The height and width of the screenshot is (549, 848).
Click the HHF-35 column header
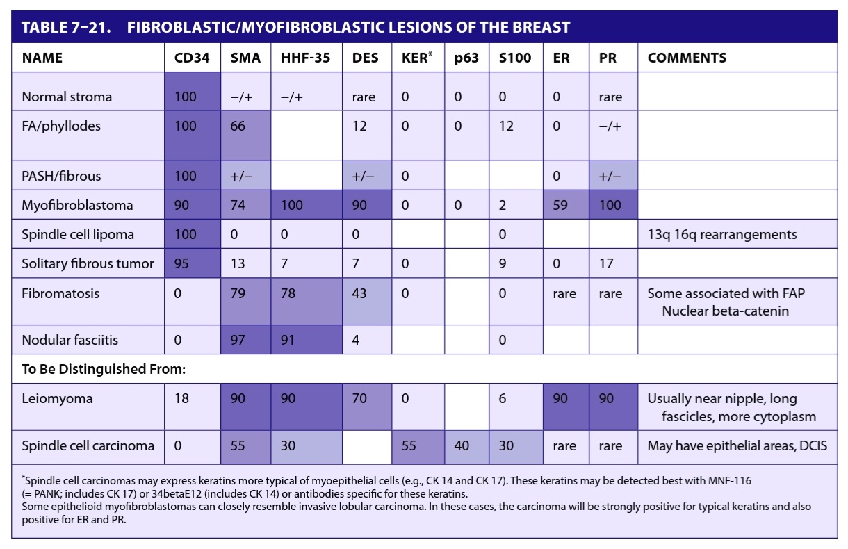pos(305,58)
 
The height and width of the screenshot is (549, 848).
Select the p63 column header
pos(466,58)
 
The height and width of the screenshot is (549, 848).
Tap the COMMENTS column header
pos(687,58)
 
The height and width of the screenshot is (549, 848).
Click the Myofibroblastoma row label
pos(77,205)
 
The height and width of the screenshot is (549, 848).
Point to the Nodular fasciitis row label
pos(70,340)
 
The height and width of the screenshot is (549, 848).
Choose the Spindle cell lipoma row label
pos(78,234)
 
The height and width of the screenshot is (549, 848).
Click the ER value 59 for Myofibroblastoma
pos(560,205)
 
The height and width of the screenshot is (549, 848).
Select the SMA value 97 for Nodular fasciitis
pos(238,340)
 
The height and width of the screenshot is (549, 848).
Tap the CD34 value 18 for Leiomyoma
pos(181,398)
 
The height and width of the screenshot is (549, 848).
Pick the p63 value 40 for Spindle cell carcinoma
pos(462,445)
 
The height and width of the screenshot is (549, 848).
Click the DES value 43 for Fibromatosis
pos(359,293)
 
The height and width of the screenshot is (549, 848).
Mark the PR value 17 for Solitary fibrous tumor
pos(606,263)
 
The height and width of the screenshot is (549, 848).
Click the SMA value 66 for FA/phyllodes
pos(238,126)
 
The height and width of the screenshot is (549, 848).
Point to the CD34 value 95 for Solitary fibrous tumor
pos(181,263)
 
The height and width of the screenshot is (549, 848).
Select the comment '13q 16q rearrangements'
pos(722,235)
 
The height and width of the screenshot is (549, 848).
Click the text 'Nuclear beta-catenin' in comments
pos(726,311)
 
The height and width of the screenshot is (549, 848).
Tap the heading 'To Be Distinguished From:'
pos(104,369)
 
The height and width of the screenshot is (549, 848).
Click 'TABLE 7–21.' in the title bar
pos(66,27)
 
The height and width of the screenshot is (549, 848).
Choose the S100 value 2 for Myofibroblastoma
pos(503,205)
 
